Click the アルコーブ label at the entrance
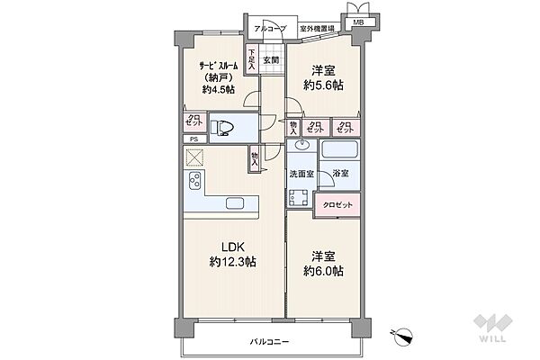pos(269,29)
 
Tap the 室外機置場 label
pos(317,29)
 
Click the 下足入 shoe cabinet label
pos(252,60)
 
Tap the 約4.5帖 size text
pos(219,89)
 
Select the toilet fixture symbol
pos(223,129)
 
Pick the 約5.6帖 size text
pos(325,86)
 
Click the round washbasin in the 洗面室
pos(302,147)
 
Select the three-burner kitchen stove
pos(195,187)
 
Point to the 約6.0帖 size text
pos(325,271)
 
